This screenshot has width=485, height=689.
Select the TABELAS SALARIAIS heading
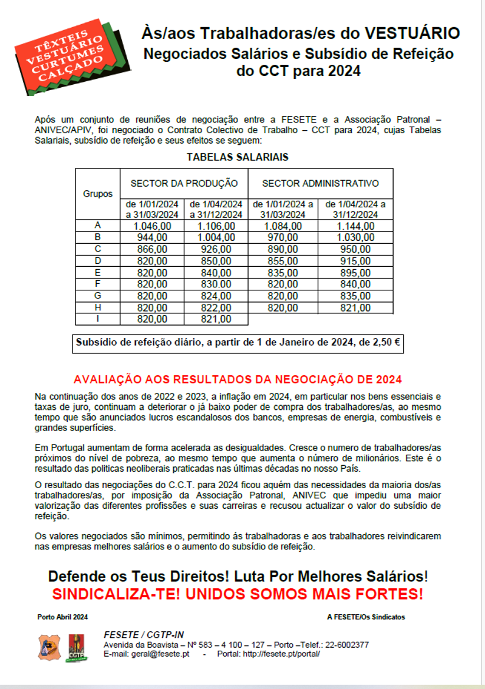tap(237, 157)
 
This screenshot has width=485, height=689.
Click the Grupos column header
tap(98, 194)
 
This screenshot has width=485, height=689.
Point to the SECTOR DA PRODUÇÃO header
tap(184, 183)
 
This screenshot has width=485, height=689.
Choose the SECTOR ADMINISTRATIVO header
tap(320, 183)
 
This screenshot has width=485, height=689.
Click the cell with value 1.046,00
tap(152, 226)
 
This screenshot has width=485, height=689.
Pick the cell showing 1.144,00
tap(355, 226)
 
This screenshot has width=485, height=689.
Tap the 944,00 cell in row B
tap(152, 237)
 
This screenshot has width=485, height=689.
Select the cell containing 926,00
tap(216, 249)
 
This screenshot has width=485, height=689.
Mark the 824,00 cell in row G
tap(216, 296)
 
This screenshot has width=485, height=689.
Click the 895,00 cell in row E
tap(355, 272)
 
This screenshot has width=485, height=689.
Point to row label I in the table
tap(98, 319)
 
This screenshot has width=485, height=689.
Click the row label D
tap(98, 260)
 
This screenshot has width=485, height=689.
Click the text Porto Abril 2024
tap(62, 617)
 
